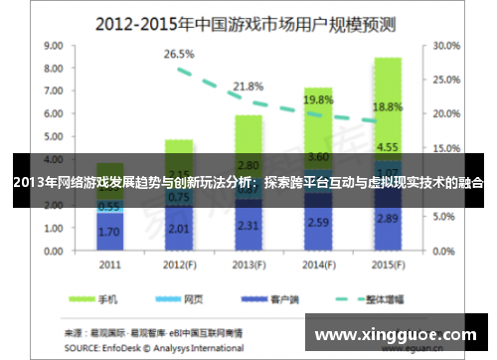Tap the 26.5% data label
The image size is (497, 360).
[x=179, y=53]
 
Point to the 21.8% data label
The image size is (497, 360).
[x=248, y=87]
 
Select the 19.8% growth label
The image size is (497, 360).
[x=318, y=100]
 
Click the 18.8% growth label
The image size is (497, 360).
[x=387, y=106]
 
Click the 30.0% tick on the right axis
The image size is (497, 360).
[x=447, y=46]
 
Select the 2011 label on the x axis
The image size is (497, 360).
[x=110, y=265]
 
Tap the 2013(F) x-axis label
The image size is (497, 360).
[x=248, y=265]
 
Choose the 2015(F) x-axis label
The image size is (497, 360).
[x=387, y=265]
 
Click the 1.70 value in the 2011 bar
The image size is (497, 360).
[x=110, y=231]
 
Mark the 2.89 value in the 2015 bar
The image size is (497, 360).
[x=387, y=217]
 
